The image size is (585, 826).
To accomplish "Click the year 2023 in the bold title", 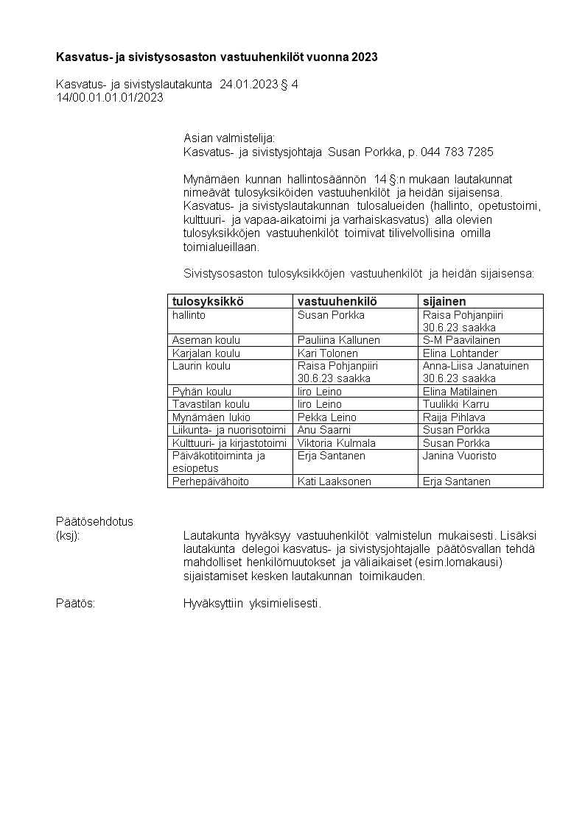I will [x=365, y=57].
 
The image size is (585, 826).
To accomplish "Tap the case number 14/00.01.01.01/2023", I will [x=110, y=96].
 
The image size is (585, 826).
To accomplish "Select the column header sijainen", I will [x=444, y=301].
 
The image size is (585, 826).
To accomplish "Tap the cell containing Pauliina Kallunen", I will [x=338, y=340].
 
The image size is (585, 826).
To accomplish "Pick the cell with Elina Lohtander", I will [x=460, y=353].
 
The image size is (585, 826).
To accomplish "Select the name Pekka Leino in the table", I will [x=326, y=417].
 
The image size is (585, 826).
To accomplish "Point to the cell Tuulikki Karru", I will [x=456, y=404].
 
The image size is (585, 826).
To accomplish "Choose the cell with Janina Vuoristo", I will [x=460, y=456].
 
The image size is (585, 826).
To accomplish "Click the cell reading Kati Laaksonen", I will [x=334, y=481].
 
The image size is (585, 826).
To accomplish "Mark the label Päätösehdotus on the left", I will [x=94, y=521].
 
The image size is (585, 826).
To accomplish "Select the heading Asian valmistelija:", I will [x=228, y=138].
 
